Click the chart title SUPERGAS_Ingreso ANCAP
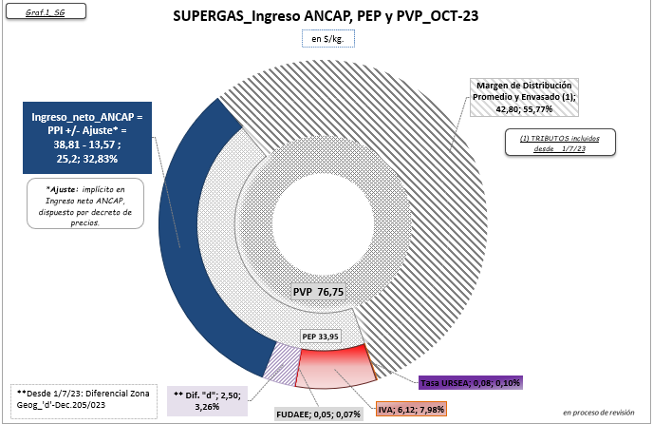click(326, 17)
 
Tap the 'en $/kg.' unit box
click(326, 39)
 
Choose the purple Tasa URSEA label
click(472, 381)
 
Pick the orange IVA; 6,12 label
click(410, 409)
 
